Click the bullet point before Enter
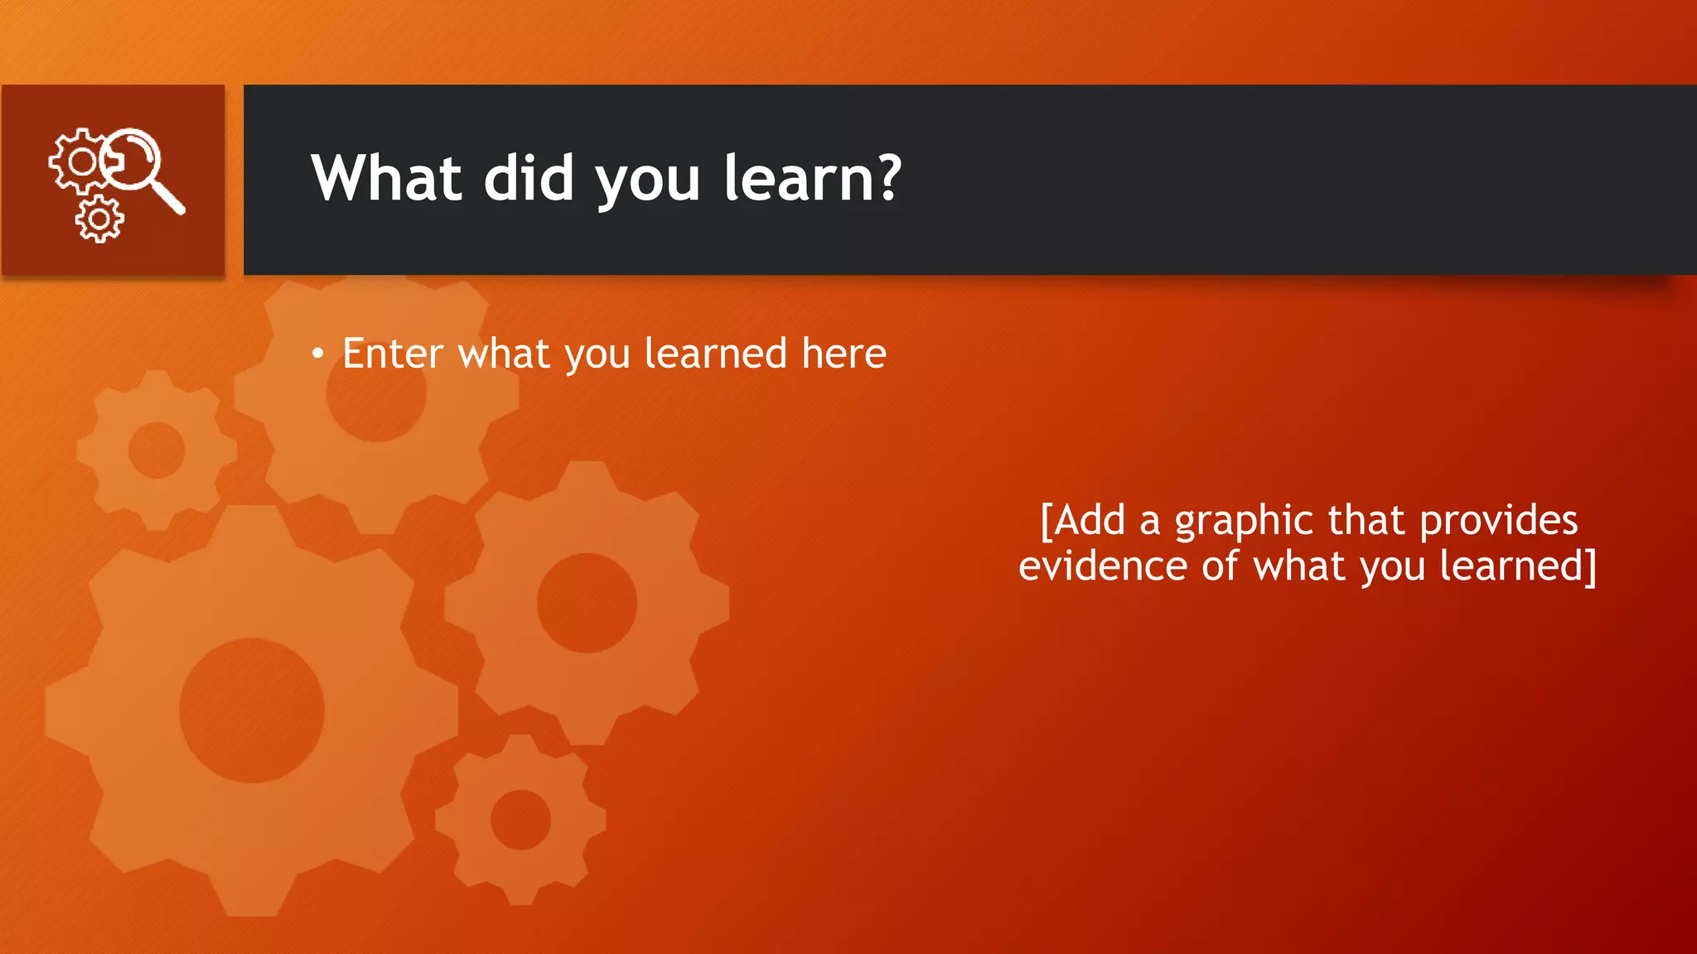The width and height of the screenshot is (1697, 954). [x=318, y=354]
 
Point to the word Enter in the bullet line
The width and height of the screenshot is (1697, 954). [x=393, y=354]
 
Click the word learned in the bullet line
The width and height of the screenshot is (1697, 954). [x=715, y=354]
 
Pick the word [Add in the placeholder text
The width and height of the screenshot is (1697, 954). [x=1083, y=521]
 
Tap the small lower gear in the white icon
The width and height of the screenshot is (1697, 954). [x=99, y=219]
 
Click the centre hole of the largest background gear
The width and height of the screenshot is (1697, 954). [x=251, y=710]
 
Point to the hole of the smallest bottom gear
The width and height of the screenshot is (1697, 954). [x=520, y=819]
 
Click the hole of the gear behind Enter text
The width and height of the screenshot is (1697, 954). [x=376, y=395]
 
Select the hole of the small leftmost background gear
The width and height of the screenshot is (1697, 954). [x=157, y=450]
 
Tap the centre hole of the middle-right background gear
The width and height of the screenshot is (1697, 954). [x=587, y=603]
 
